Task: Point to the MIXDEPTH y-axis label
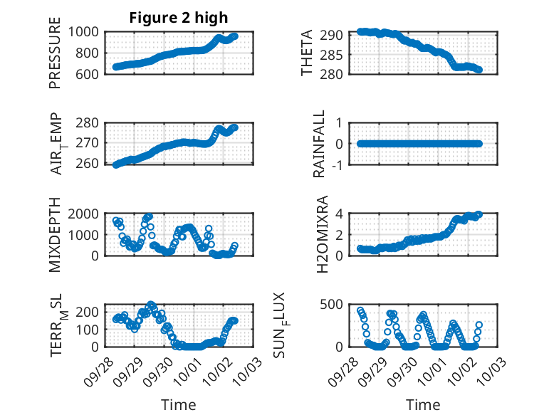click(x=56, y=234)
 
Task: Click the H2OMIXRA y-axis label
click(x=322, y=234)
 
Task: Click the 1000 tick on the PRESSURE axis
click(x=86, y=31)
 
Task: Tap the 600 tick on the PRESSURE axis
click(x=90, y=73)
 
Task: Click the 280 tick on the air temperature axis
click(x=90, y=122)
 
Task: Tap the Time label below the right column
click(x=423, y=405)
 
